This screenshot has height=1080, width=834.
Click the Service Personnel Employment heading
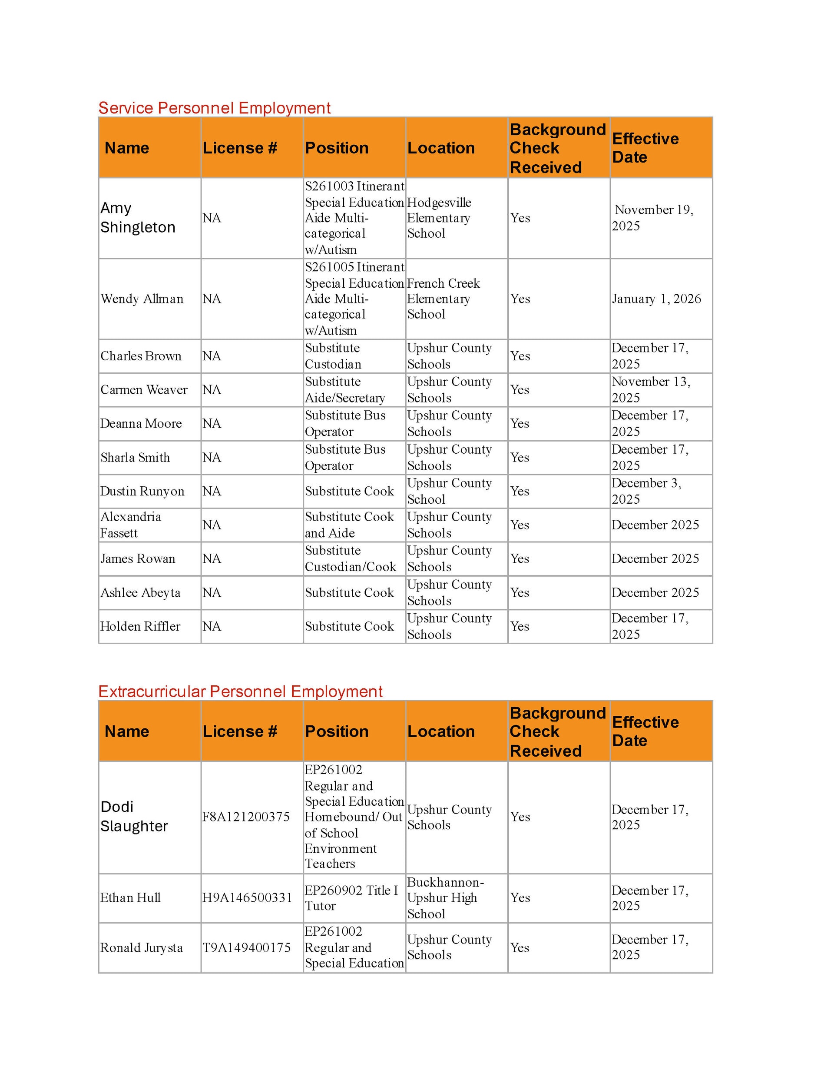[x=214, y=108]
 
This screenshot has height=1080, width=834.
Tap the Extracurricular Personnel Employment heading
[x=240, y=691]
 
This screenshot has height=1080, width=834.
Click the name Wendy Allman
[x=142, y=299]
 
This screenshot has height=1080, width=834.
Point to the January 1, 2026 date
[x=656, y=299]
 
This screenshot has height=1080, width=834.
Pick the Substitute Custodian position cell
[x=333, y=356]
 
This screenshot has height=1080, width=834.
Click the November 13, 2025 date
[x=651, y=390]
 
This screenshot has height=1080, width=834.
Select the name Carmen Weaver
[x=143, y=390]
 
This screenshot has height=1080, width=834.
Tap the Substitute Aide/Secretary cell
[x=344, y=390]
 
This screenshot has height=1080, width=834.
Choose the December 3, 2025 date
[x=646, y=491]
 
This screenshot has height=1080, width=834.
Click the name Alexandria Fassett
[x=130, y=525]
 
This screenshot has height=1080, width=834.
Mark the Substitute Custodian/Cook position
[x=350, y=558]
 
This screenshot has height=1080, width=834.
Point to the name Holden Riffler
[x=140, y=626]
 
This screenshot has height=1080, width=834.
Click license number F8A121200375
[x=246, y=817]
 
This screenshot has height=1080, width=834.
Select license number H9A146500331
[x=247, y=897]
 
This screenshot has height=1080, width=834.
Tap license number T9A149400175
[x=246, y=947]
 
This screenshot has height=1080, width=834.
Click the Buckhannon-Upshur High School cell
[x=445, y=897]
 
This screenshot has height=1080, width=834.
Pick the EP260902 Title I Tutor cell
[x=351, y=897]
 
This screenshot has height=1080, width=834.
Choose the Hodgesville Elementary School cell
[x=439, y=218]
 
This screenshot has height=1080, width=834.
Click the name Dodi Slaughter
[x=134, y=817]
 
